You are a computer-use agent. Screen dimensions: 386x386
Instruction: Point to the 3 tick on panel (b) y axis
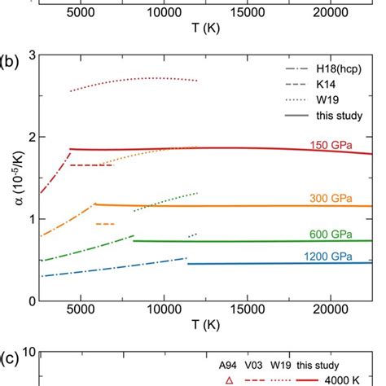click(30, 55)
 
